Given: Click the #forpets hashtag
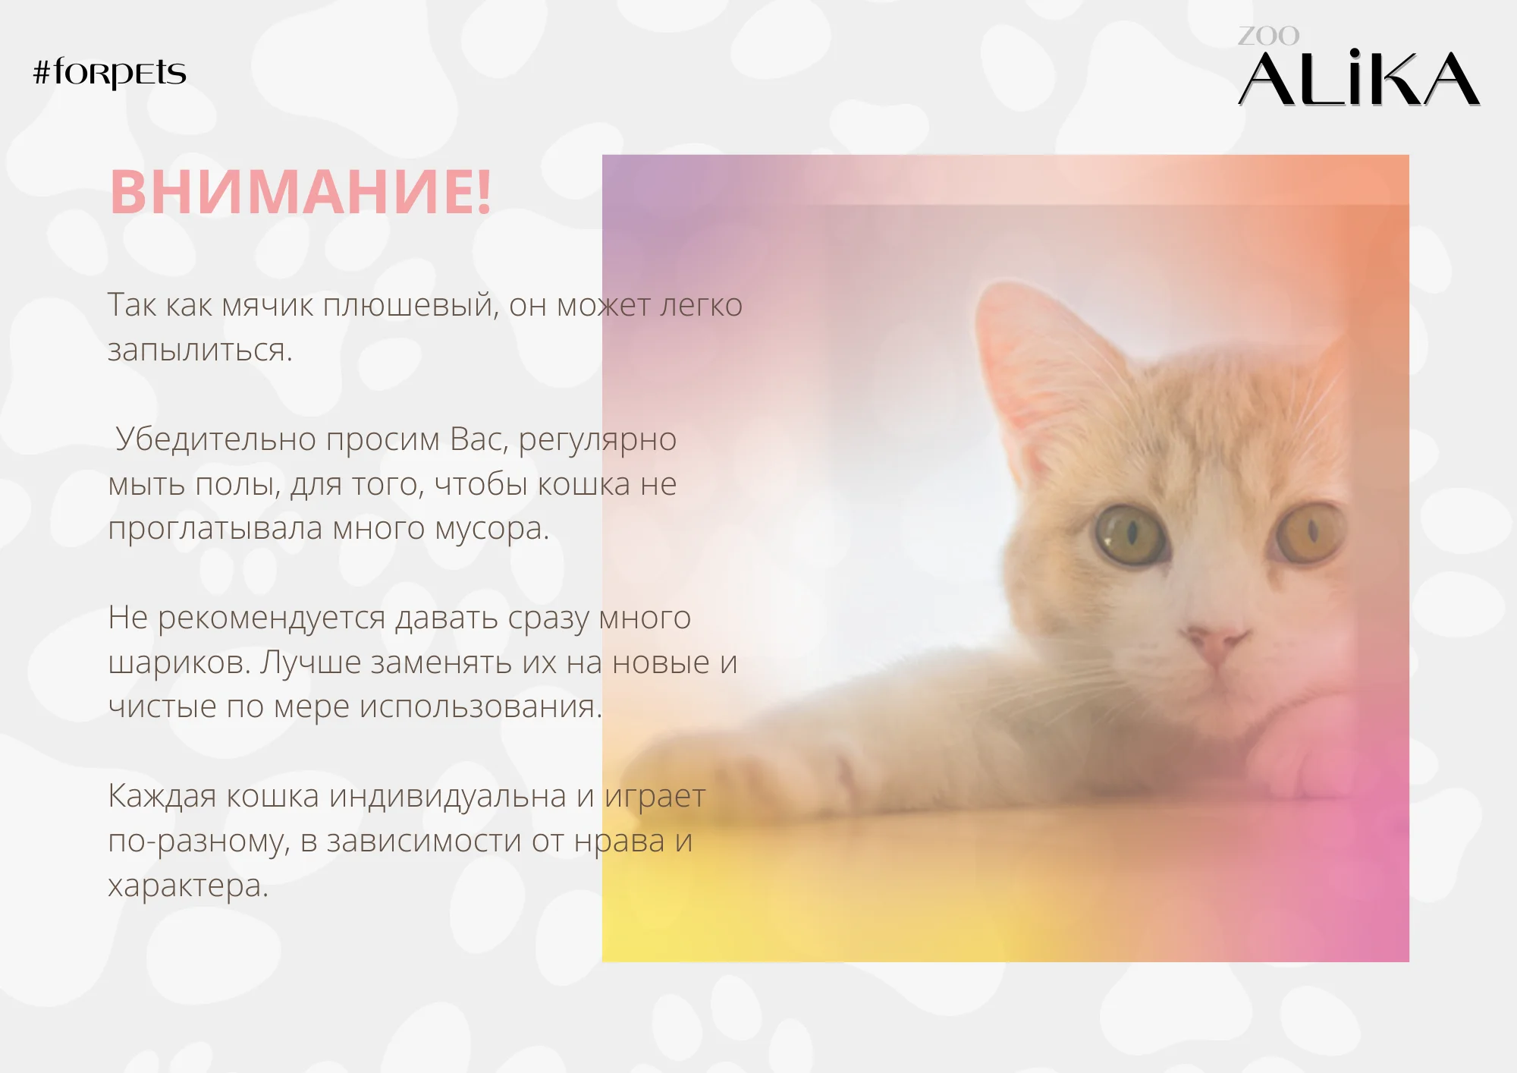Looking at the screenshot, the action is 110,73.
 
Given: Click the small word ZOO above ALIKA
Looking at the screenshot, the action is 1268,36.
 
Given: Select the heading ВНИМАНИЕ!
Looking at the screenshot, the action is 301,192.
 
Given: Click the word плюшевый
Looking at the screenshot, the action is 410,305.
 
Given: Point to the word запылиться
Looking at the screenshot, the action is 199,351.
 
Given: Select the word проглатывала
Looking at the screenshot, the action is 215,529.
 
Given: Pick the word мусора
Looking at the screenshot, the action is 492,529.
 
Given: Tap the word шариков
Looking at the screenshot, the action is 179,663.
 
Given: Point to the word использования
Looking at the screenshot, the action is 481,706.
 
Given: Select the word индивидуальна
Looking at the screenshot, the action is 448,796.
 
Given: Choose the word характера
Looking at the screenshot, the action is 188,886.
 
